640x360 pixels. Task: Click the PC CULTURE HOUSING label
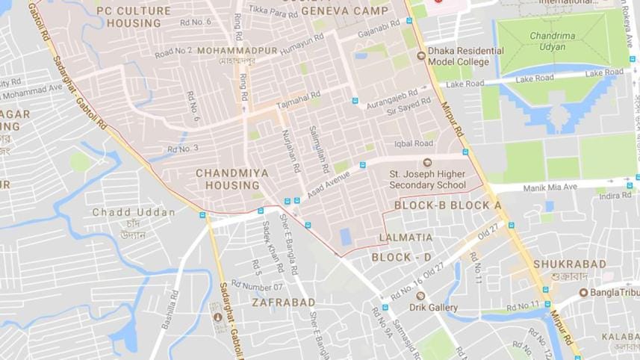pyautogui.click(x=134, y=17)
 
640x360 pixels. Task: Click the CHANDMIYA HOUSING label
pyautogui.click(x=227, y=179)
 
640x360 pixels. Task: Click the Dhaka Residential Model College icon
pyautogui.click(x=422, y=55)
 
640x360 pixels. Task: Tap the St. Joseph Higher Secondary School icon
pyautogui.click(x=427, y=163)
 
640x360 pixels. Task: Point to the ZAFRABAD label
pyautogui.click(x=284, y=302)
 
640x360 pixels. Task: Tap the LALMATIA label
pyautogui.click(x=406, y=238)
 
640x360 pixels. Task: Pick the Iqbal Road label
pyautogui.click(x=414, y=143)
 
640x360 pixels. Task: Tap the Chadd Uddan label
pyautogui.click(x=134, y=212)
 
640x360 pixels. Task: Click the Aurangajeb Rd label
pyautogui.click(x=398, y=99)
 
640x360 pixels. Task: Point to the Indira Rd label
pyautogui.click(x=615, y=196)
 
